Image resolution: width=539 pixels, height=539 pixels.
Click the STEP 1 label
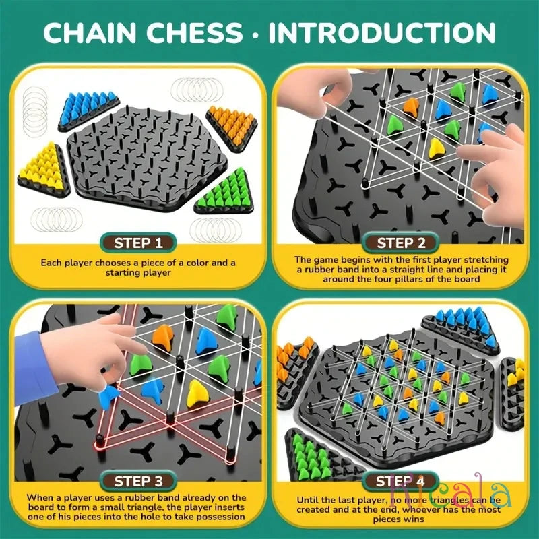point(138,243)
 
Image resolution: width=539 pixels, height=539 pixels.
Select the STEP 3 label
point(138,481)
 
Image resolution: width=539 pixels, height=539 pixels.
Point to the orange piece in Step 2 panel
point(410,107)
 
